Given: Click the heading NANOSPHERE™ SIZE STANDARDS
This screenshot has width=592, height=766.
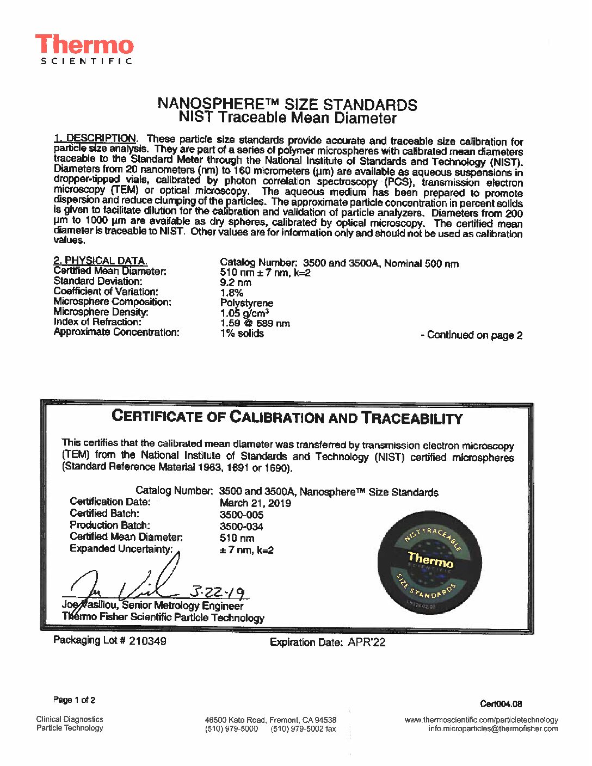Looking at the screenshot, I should tap(287, 104).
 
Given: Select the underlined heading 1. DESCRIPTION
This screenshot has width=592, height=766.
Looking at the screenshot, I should tap(95, 138).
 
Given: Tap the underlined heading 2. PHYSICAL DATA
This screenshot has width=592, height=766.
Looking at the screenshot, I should tap(100, 261).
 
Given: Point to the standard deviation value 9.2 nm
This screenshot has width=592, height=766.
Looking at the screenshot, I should tap(236, 282).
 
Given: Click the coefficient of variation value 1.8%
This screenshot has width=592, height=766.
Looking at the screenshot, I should tap(232, 293).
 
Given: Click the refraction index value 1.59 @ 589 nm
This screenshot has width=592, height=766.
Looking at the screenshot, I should tap(255, 323).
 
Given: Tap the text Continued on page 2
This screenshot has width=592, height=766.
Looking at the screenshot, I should tap(472, 335).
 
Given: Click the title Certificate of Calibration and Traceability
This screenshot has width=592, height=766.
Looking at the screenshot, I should tap(287, 417).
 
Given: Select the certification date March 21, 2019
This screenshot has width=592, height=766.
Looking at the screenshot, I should tap(255, 503).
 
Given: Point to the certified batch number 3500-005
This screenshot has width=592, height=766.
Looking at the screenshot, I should tap(242, 515).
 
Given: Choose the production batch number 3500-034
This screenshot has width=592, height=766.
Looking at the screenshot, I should tap(242, 527).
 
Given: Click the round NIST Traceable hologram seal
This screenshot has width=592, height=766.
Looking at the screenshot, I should tap(430, 562).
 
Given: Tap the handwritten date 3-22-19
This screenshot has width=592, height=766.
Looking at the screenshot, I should tap(217, 592).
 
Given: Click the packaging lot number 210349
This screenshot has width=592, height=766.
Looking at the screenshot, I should tap(147, 641).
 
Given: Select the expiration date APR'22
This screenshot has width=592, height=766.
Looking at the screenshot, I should tap(366, 643).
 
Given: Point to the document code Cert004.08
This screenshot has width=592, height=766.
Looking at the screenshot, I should tap(501, 704).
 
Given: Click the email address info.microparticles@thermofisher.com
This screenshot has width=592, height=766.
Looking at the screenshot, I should tap(493, 729).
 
